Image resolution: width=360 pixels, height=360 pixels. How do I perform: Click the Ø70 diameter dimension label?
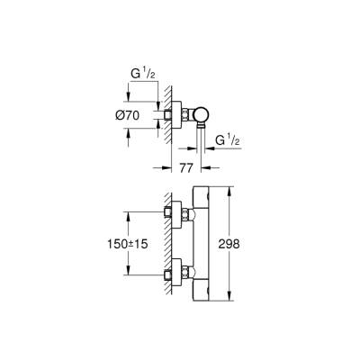(x=127, y=115)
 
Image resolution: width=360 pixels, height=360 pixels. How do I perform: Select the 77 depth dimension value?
(x=186, y=168)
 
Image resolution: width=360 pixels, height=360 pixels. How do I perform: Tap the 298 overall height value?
(x=229, y=244)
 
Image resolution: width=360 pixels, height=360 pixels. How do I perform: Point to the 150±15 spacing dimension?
(x=128, y=244)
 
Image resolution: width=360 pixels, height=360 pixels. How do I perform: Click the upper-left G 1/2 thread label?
(x=143, y=75)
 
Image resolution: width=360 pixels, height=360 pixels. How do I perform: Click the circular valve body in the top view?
(x=202, y=115)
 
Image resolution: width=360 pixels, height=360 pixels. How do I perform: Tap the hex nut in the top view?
(x=184, y=115)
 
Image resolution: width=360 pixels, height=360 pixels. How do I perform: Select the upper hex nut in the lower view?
(x=184, y=214)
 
